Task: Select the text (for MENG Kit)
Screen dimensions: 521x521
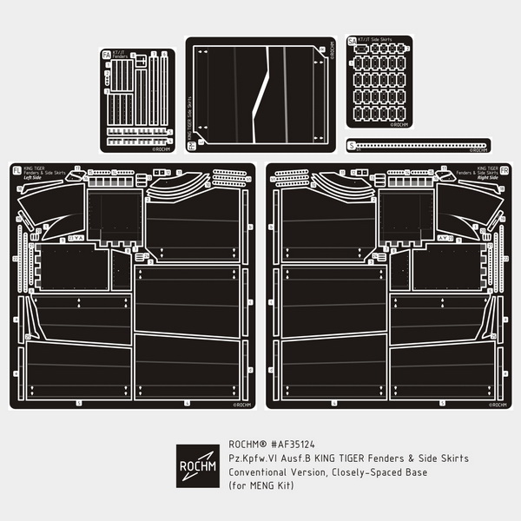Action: (x=260, y=485)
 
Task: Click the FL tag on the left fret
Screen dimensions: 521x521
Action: (x=15, y=171)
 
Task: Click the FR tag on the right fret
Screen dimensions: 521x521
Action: (x=505, y=171)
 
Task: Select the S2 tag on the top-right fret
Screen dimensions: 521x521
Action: (x=352, y=41)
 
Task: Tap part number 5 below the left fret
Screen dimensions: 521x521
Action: (x=78, y=404)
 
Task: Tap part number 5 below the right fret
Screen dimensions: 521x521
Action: (x=442, y=404)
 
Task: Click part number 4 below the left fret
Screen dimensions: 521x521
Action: (x=187, y=404)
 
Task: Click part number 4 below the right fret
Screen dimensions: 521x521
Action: (x=333, y=404)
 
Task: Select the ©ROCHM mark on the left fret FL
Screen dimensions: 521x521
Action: (x=241, y=404)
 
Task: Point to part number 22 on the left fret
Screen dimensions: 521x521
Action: (x=16, y=258)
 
